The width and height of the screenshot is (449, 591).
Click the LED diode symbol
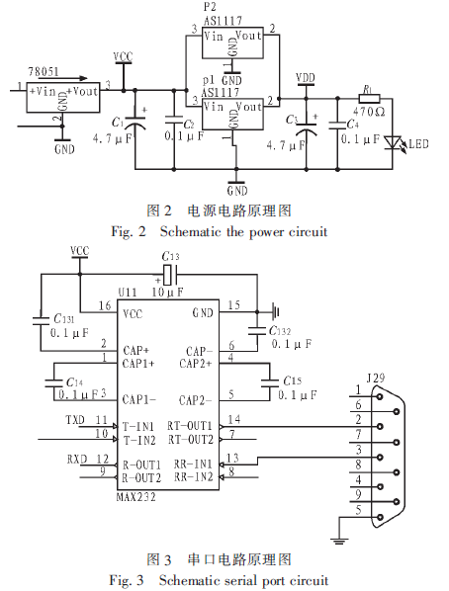(392, 142)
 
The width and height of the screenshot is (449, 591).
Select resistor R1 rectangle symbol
(369, 99)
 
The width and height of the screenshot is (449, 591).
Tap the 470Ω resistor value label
(369, 112)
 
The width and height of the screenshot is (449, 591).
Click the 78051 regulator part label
(44, 71)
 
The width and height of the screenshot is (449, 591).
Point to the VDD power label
(306, 78)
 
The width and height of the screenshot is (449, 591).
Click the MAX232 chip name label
(135, 497)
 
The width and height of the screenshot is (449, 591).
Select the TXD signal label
(75, 420)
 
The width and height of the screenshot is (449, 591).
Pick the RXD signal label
(77, 460)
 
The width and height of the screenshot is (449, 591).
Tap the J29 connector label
(376, 379)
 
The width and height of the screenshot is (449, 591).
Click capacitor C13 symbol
(168, 275)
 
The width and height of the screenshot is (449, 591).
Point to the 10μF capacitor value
(168, 292)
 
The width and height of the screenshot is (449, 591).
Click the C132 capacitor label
(280, 331)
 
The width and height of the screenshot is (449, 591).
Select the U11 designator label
(128, 293)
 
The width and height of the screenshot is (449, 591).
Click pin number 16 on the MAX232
(105, 305)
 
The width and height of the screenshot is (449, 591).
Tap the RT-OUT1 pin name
(190, 426)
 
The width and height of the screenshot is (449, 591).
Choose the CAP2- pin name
(196, 400)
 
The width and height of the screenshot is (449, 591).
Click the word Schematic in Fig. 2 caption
(190, 231)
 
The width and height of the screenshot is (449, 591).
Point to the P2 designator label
(210, 7)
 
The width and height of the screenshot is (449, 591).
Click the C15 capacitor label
(292, 380)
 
